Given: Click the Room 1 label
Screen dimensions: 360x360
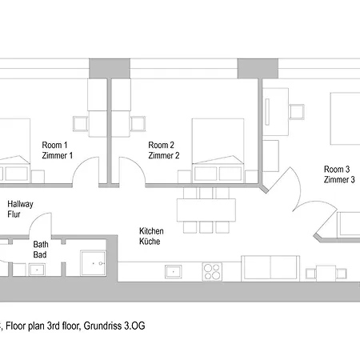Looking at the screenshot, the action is [x=54, y=145].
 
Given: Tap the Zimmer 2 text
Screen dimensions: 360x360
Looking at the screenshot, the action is [x=164, y=155].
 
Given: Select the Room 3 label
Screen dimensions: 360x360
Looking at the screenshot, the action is [x=337, y=169].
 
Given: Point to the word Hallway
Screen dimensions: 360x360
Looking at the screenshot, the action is [x=20, y=204].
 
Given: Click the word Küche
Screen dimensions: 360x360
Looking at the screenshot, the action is [x=150, y=242].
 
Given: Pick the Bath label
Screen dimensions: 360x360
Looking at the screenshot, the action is [x=41, y=244].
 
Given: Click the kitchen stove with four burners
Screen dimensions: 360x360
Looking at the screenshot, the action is [x=212, y=271].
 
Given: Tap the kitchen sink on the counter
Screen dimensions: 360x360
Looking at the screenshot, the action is [x=174, y=271].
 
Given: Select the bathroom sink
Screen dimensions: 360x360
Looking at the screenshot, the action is [x=37, y=270].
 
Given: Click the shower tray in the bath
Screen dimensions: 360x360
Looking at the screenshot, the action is [x=93, y=263].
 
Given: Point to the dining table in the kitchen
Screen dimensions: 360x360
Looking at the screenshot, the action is [x=206, y=210].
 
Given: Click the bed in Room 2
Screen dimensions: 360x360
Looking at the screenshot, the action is [x=218, y=151].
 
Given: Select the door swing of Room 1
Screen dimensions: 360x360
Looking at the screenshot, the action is [x=85, y=167].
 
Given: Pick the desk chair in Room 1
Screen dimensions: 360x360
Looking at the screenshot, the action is [x=81, y=124].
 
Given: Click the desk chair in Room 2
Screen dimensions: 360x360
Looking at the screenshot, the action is [x=138, y=124].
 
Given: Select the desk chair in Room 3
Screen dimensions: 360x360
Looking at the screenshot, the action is [x=297, y=112].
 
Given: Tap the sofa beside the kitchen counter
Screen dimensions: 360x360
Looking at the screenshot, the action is [x=270, y=268].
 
